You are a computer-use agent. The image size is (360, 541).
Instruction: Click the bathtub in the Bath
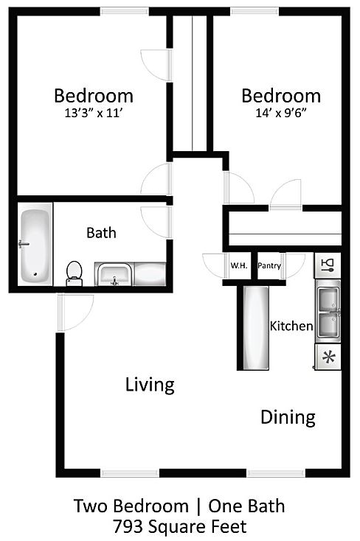point(35,244)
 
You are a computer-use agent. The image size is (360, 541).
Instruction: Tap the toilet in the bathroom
point(75,273)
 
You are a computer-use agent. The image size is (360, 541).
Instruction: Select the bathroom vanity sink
point(114,275)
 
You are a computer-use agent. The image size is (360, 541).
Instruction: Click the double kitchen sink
point(328,312)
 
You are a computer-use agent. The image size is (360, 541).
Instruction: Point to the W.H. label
point(239,265)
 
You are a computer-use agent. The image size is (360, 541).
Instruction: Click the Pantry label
point(269,265)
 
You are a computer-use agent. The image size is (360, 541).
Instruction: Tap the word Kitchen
point(291,326)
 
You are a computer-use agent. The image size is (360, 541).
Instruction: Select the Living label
point(150,385)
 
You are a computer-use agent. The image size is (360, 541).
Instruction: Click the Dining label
point(288,417)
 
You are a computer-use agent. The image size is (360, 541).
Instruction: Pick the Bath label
point(101,233)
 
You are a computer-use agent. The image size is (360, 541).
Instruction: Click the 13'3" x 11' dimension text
point(94,113)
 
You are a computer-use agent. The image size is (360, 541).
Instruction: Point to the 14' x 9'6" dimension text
point(281,113)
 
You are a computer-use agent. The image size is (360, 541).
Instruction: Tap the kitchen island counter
point(256,328)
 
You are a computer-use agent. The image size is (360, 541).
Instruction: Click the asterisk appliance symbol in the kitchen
point(328,357)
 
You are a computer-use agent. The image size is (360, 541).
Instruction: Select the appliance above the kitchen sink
point(328,265)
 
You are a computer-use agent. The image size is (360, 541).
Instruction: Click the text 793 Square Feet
point(180,527)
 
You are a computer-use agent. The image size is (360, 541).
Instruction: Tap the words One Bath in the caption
point(246,506)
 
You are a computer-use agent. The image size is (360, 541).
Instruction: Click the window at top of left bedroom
point(125,11)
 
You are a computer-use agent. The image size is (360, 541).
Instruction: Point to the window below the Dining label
point(277,473)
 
